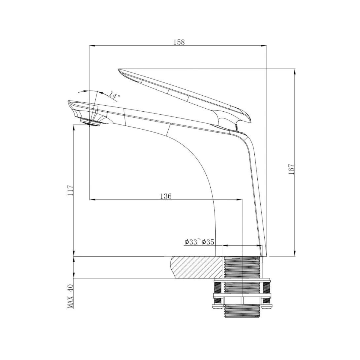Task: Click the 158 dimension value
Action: click(179, 42)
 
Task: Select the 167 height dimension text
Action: click(291, 169)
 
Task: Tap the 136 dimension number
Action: click(166, 196)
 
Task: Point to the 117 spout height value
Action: click(70, 190)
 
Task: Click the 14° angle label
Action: click(114, 95)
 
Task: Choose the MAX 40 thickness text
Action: click(70, 296)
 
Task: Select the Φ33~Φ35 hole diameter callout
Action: click(199, 242)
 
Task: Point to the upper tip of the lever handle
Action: click(119, 70)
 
